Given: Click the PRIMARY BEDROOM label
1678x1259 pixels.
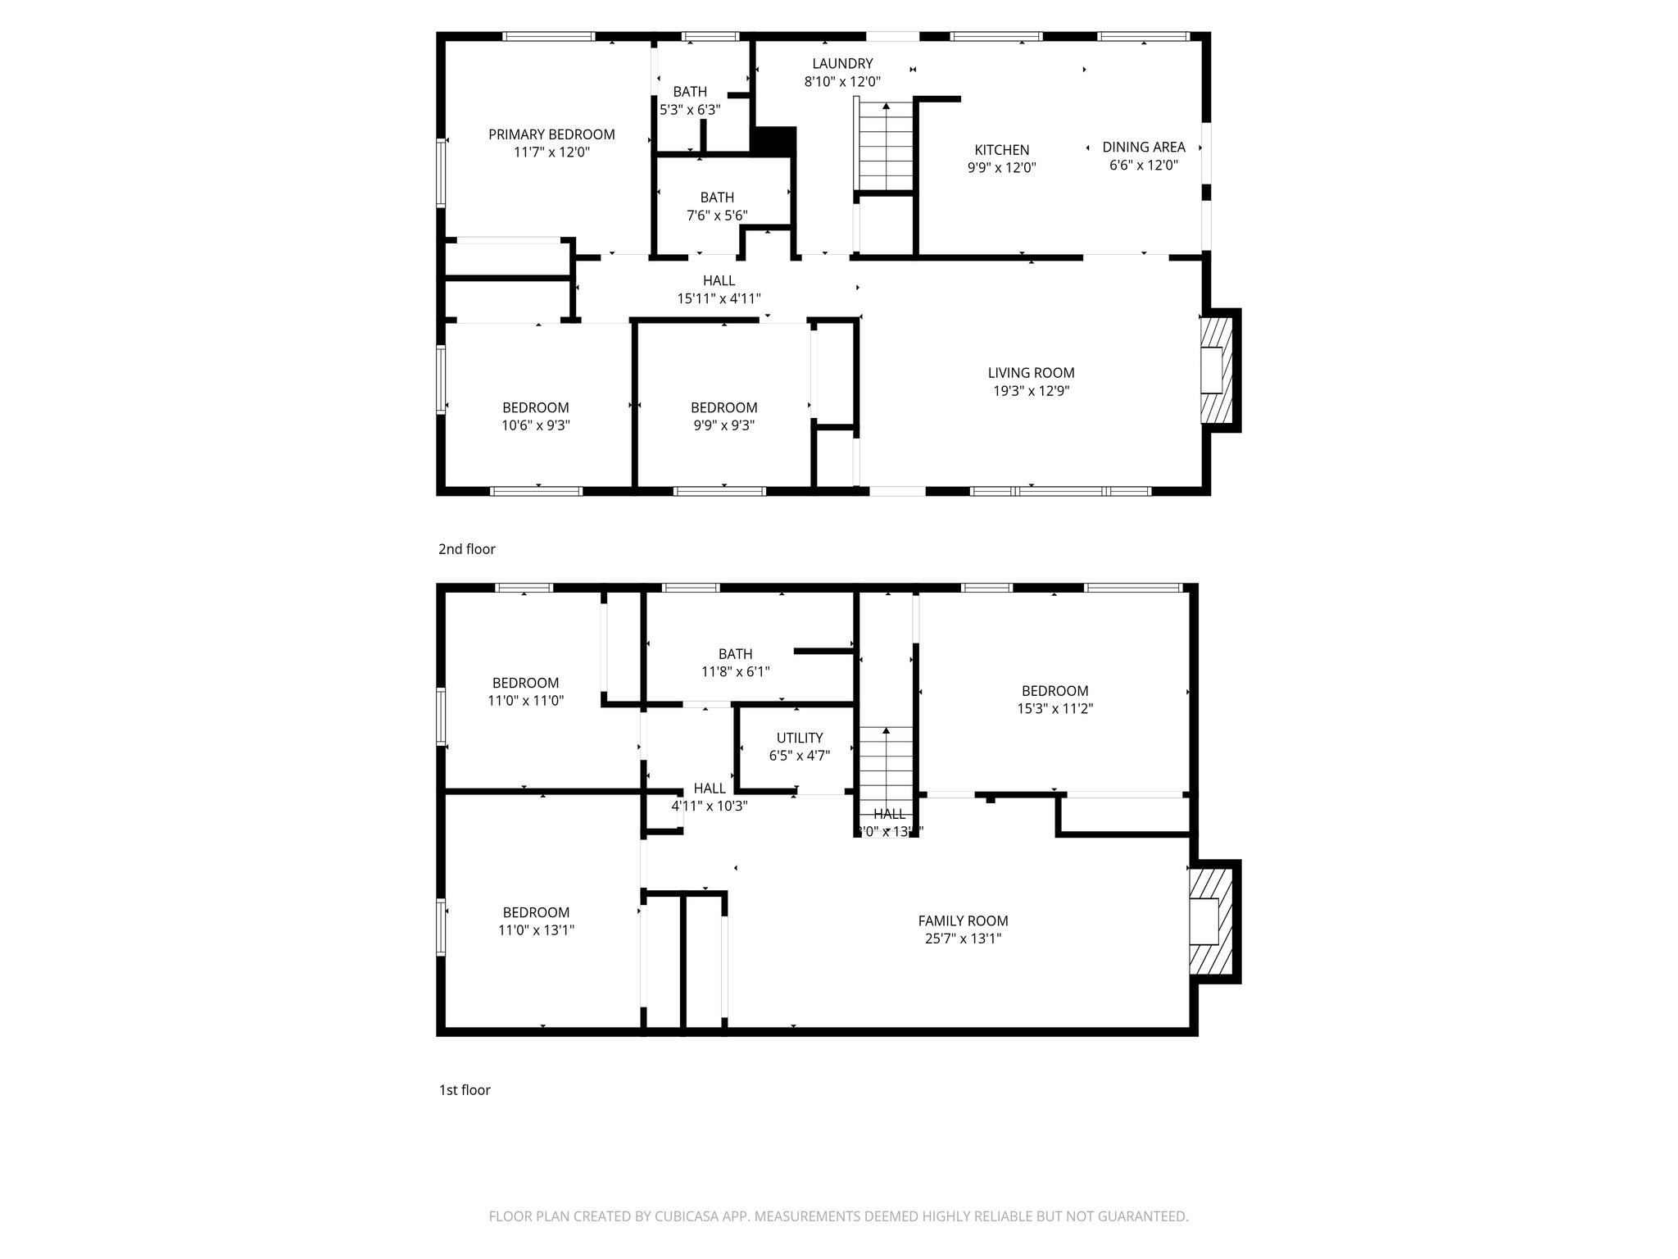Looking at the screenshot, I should [x=551, y=134].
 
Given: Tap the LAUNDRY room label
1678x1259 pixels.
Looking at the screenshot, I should [x=842, y=63].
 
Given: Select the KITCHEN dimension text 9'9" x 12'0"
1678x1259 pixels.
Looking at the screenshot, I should [x=1001, y=168].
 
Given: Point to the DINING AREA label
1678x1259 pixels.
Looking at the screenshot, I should [x=1143, y=147].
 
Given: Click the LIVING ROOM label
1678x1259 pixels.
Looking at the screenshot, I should [x=1031, y=373].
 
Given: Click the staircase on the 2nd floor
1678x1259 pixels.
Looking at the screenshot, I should [x=886, y=146].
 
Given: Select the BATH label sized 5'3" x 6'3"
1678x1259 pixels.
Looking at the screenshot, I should [x=690, y=92].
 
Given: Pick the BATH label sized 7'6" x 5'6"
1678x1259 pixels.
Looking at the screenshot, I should [x=717, y=198].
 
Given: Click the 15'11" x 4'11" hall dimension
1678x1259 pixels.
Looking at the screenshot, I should [x=719, y=299].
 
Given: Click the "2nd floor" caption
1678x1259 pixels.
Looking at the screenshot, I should [x=466, y=549].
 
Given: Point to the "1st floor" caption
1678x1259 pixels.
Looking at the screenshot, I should [x=465, y=1090].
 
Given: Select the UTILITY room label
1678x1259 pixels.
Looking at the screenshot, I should [x=800, y=738].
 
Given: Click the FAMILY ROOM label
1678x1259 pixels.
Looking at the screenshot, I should [x=963, y=921].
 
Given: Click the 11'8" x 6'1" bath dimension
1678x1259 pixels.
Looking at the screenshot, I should [x=735, y=672].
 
